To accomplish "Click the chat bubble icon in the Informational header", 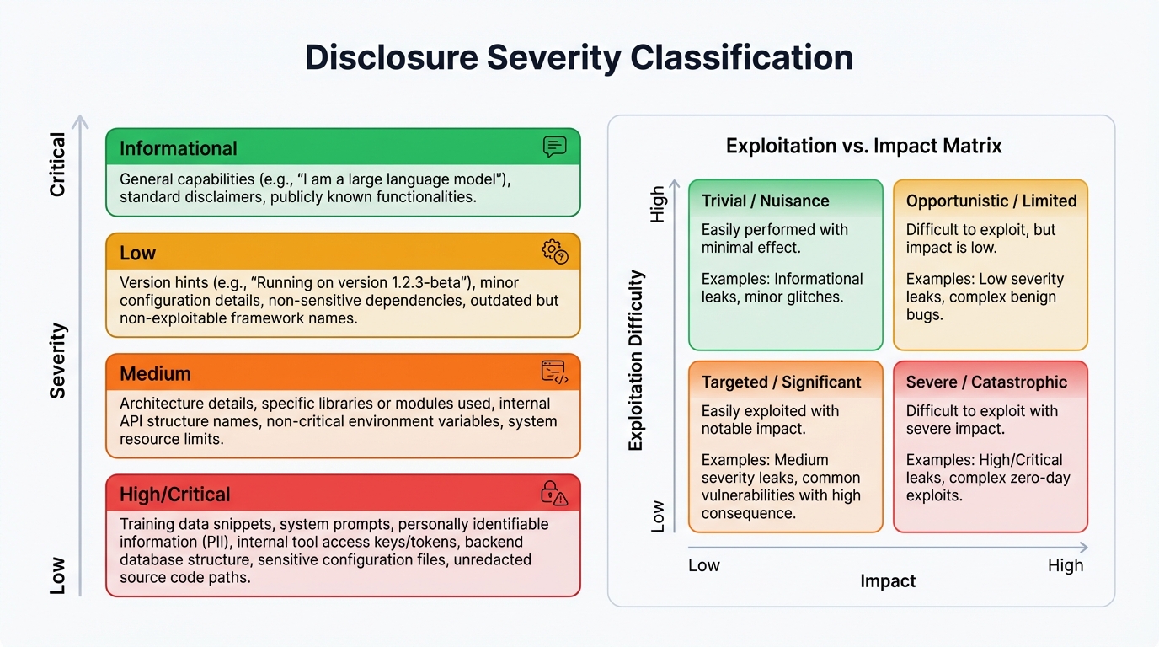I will [554, 147].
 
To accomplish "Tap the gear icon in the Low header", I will [554, 251].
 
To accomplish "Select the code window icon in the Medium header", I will [554, 372].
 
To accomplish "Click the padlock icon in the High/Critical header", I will [553, 493].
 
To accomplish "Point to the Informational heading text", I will [178, 149].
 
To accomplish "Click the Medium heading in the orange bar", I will [155, 373].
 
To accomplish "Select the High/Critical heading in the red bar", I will [174, 495].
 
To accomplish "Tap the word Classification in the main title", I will [742, 57].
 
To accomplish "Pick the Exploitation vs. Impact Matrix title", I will [863, 146].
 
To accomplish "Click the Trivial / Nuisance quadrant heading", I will [765, 201].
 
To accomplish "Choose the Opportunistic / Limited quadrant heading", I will [991, 201].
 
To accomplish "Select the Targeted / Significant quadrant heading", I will [781, 382].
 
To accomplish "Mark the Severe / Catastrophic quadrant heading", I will [986, 382].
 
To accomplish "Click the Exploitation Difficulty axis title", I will [636, 361].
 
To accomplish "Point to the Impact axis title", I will [888, 581].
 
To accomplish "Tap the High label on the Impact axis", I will [1065, 565].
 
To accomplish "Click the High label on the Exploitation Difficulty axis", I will [658, 205].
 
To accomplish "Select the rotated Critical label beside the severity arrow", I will [57, 164].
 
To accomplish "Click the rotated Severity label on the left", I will [57, 361].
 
